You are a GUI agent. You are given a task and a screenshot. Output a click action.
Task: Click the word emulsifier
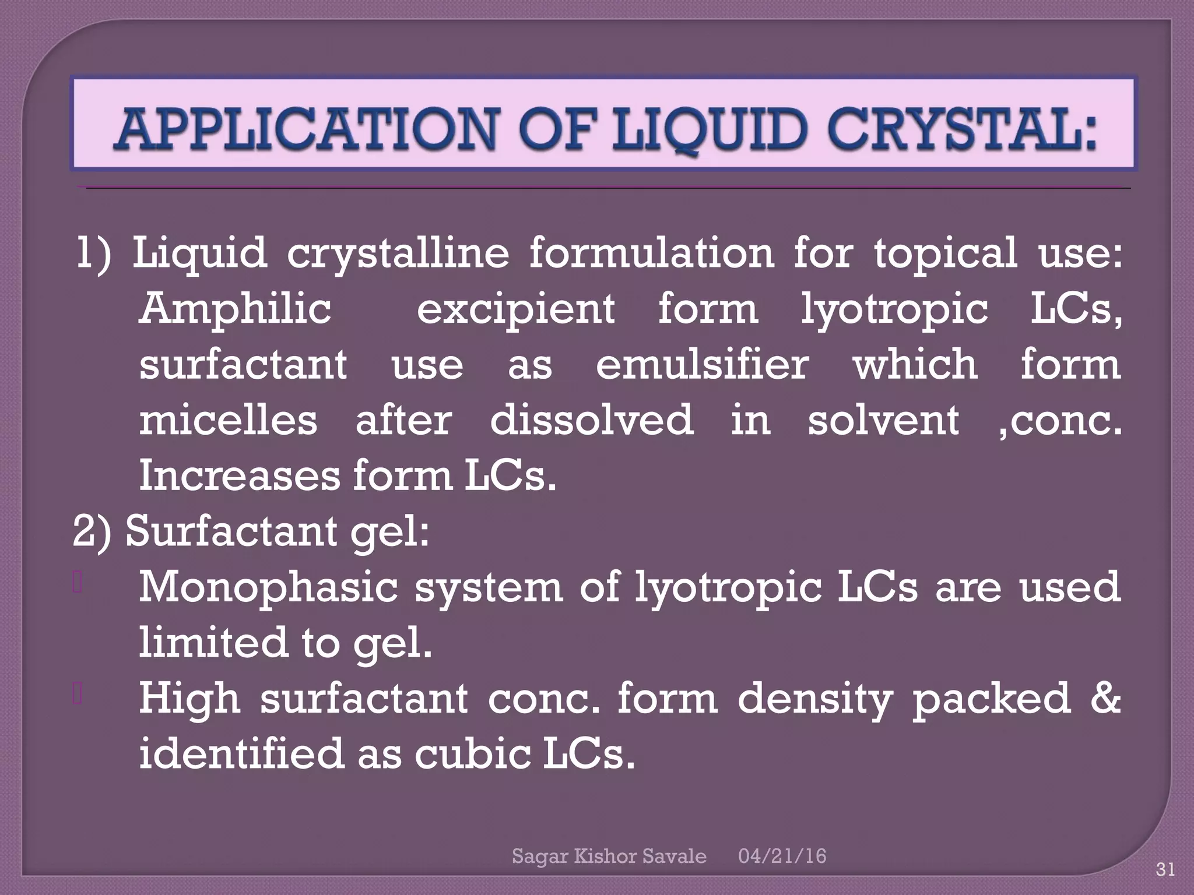tap(702, 364)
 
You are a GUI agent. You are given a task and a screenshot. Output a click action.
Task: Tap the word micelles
tap(228, 420)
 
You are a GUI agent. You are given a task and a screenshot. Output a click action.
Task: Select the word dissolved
tap(592, 420)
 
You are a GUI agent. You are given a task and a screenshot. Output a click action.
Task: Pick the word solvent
tap(883, 420)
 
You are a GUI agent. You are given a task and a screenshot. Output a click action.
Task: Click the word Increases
tap(240, 475)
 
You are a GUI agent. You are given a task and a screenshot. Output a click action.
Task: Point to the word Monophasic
tap(268, 587)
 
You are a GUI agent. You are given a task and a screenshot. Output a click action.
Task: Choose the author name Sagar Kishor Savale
tap(609, 856)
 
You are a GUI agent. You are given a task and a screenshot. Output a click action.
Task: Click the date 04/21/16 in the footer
tap(782, 856)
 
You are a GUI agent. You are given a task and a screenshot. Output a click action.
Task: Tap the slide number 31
tap(1165, 870)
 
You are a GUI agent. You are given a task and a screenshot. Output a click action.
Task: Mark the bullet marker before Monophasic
tap(77, 583)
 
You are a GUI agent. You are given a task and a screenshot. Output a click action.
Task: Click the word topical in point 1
tap(944, 254)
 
